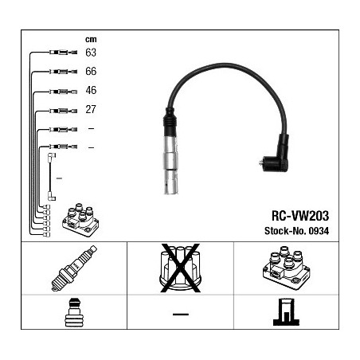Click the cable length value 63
click(x=91, y=53)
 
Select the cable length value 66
click(x=91, y=71)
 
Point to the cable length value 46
click(x=91, y=90)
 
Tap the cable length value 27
click(x=91, y=109)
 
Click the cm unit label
click(x=91, y=39)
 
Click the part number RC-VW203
click(x=300, y=216)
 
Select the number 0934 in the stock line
click(x=319, y=231)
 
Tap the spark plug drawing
click(x=74, y=268)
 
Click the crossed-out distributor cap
click(x=180, y=268)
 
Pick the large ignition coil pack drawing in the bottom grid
click(x=286, y=268)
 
